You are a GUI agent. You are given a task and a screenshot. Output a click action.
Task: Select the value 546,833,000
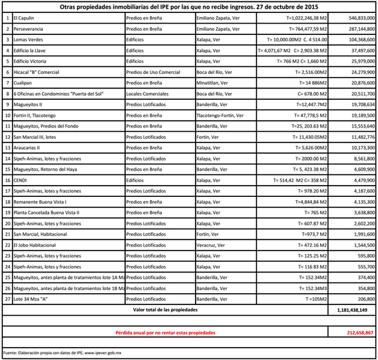tap(356, 19)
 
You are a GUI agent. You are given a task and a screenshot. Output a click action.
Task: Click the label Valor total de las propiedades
tap(165, 309)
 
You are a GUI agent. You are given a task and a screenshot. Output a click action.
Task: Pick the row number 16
tap(7, 180)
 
